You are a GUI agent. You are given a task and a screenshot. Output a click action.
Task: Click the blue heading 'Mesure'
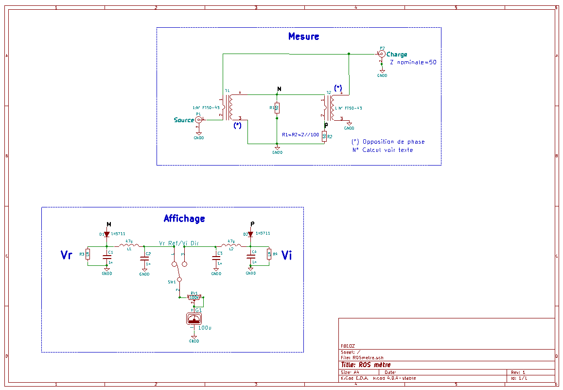(x=303, y=37)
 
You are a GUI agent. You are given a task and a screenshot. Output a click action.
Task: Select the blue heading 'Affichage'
(x=184, y=219)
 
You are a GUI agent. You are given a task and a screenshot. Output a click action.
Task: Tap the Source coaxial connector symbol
(x=199, y=119)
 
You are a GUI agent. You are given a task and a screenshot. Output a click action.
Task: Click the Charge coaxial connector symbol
(x=382, y=54)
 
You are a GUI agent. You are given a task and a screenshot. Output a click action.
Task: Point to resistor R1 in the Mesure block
(x=277, y=108)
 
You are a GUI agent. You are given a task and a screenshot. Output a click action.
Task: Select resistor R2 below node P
(x=324, y=136)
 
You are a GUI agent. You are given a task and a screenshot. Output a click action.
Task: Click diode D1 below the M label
(x=106, y=234)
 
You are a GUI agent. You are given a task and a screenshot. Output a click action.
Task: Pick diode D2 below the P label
(x=250, y=234)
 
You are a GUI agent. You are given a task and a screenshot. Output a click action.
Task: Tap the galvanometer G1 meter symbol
(x=194, y=319)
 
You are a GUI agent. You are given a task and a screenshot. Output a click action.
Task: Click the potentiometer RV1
(x=194, y=297)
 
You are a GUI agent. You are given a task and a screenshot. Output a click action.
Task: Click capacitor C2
(x=144, y=259)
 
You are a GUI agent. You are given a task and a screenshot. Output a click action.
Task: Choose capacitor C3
(x=216, y=259)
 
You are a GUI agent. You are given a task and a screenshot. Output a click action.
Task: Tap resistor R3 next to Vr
(x=88, y=254)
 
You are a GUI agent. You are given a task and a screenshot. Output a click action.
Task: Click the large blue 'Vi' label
(x=287, y=255)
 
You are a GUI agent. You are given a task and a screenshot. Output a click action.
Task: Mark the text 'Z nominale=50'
(x=413, y=63)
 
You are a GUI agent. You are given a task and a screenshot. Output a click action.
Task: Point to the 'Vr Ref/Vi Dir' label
(x=179, y=242)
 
